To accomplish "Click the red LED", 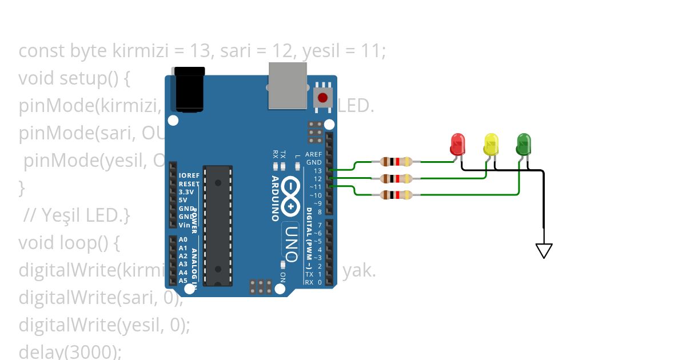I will point(458,144).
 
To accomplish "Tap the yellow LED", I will point(491,144).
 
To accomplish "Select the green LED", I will point(524,144).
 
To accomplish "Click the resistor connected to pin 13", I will point(396,162).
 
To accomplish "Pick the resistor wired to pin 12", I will point(396,178).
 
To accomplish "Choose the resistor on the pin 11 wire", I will point(396,195).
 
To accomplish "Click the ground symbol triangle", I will point(544,250).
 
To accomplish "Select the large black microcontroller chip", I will point(218,225).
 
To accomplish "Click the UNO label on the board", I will point(290,241).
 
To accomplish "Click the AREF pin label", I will point(313,154).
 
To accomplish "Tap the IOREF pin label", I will point(188,175).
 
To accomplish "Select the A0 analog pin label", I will point(183,240).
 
